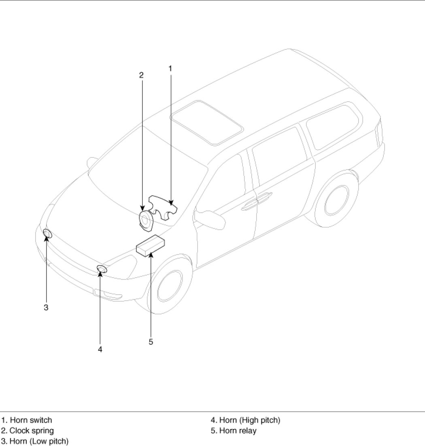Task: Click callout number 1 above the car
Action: pyautogui.click(x=170, y=68)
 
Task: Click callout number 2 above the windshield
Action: pyautogui.click(x=141, y=74)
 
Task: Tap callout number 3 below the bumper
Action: pyautogui.click(x=46, y=307)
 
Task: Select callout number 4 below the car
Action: pyautogui.click(x=100, y=349)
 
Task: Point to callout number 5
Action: pyautogui.click(x=151, y=342)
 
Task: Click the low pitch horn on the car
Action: pyautogui.click(x=47, y=234)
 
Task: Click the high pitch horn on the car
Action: pyautogui.click(x=102, y=269)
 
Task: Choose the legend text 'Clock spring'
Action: pyautogui.click(x=28, y=431)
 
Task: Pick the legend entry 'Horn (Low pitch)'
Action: pyautogui.click(x=35, y=441)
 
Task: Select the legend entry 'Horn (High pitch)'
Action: pyautogui.click(x=245, y=420)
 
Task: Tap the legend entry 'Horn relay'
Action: pyautogui.click(x=234, y=431)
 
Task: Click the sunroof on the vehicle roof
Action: pyautogui.click(x=207, y=122)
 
